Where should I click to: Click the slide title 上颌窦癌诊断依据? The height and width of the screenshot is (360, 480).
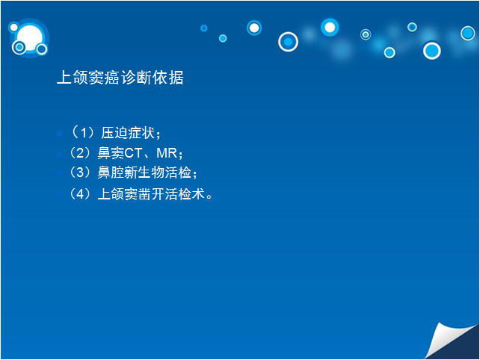click(x=120, y=78)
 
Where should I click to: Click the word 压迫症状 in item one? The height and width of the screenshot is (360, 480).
click(x=128, y=133)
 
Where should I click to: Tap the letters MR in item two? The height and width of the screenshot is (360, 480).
click(x=167, y=153)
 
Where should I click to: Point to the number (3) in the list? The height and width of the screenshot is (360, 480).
click(x=80, y=173)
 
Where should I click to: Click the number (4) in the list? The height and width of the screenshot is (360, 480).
click(x=80, y=194)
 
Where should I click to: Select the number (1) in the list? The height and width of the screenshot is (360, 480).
click(x=83, y=133)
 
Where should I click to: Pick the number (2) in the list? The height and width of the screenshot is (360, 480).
click(x=80, y=153)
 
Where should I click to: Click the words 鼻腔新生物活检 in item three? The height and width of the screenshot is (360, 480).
click(x=144, y=173)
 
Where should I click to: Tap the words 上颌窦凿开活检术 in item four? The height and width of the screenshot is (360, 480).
click(x=151, y=194)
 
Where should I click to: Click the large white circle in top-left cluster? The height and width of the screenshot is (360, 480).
click(x=30, y=37)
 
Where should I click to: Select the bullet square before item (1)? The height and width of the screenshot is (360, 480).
click(x=60, y=134)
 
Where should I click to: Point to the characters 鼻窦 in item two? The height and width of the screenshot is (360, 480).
click(x=111, y=153)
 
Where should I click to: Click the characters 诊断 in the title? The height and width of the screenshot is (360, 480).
click(x=136, y=78)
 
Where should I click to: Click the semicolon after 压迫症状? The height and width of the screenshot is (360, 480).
click(x=158, y=134)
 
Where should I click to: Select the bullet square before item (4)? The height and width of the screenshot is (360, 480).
click(x=60, y=195)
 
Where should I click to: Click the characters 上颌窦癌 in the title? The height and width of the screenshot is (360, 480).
click(x=88, y=78)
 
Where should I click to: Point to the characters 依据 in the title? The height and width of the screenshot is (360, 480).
click(x=168, y=78)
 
